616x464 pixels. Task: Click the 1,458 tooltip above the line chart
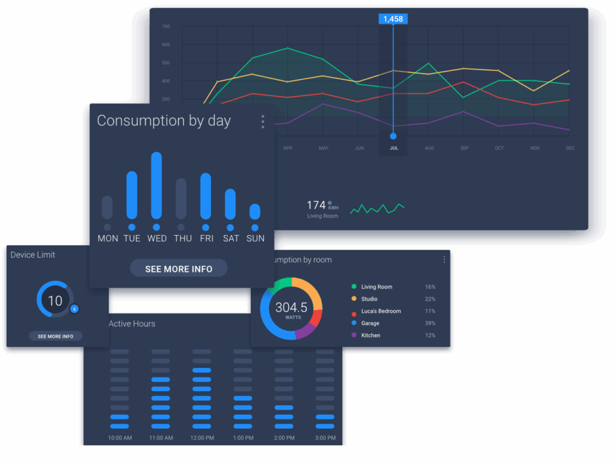coord(393,19)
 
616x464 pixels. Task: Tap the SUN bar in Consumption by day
coord(255,212)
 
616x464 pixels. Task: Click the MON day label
coord(108,239)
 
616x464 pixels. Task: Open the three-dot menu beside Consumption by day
coord(263,122)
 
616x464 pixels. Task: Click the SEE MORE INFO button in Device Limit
coord(55,337)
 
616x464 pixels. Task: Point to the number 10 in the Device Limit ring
coord(55,301)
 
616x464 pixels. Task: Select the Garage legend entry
coord(370,323)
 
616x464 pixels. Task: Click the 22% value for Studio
coord(430,299)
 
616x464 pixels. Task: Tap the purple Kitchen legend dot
coord(354,335)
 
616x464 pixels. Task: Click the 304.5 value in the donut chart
coord(291,308)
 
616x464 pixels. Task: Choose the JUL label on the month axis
coord(393,148)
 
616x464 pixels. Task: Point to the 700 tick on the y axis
coord(166,27)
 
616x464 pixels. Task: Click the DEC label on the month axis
coord(570,148)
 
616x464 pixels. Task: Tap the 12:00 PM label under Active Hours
coord(202,438)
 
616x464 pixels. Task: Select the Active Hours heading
coord(132,324)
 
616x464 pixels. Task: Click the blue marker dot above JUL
coord(393,136)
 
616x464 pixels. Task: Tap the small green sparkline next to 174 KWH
coord(377,209)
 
